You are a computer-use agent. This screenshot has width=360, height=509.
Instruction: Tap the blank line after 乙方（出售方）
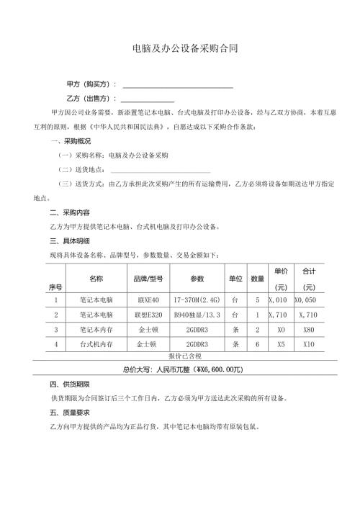(148, 101)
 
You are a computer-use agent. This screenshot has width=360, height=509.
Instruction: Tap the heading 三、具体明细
(70, 240)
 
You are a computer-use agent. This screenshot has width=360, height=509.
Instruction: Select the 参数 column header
(197, 278)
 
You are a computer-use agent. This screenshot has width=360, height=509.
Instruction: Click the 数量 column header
(257, 278)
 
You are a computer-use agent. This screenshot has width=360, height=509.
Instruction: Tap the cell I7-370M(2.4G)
(197, 299)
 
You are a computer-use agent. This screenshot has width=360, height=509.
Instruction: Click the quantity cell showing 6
(257, 345)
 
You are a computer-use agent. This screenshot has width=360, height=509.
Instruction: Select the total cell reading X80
(310, 330)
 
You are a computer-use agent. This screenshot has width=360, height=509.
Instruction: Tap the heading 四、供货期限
(70, 385)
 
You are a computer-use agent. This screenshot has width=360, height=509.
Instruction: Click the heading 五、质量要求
(70, 413)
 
